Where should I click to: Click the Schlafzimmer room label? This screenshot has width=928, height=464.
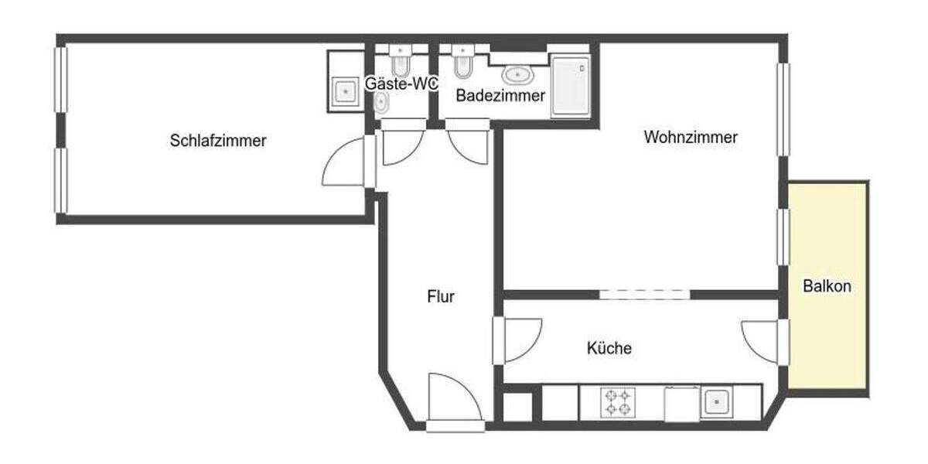[218, 141]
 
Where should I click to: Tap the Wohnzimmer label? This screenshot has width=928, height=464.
[691, 138]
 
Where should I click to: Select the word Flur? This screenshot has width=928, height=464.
[441, 296]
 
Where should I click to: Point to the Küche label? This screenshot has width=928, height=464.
[609, 349]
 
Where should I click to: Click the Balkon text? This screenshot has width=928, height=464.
[827, 286]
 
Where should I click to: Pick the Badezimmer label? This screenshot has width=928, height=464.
[500, 96]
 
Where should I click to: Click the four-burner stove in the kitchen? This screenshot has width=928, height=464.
[618, 402]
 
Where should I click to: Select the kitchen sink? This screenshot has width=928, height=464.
[716, 402]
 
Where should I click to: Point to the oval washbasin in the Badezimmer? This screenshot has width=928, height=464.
[517, 74]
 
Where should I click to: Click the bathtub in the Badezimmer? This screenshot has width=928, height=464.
[571, 85]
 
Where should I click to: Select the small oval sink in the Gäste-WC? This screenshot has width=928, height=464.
[380, 102]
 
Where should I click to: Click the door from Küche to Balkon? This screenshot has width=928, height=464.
[760, 341]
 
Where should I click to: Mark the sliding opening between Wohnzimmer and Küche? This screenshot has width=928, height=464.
[644, 294]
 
